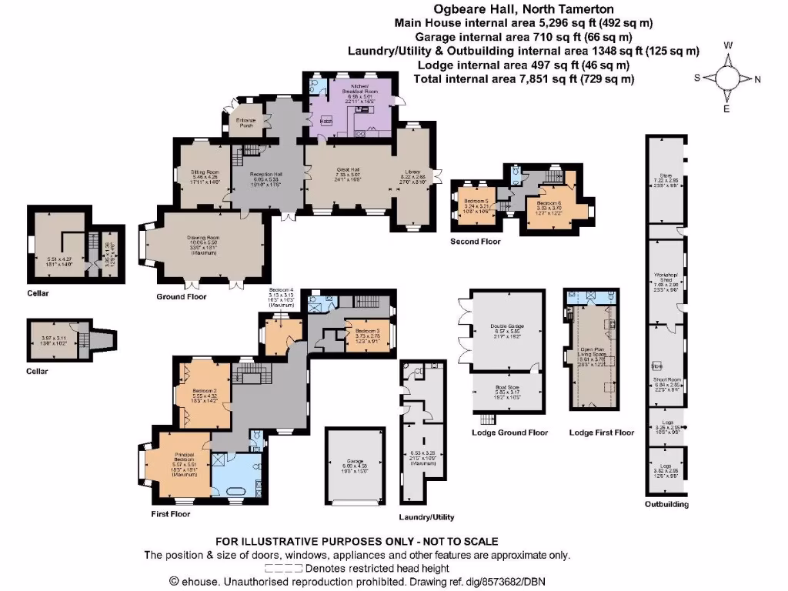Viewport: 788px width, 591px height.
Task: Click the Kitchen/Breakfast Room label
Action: tap(359, 88)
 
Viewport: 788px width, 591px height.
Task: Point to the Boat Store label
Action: tap(506, 388)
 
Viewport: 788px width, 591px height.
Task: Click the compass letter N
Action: tap(758, 78)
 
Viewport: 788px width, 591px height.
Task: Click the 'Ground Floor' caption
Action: tap(181, 296)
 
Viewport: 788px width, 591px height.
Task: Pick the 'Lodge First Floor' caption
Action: tap(601, 432)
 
